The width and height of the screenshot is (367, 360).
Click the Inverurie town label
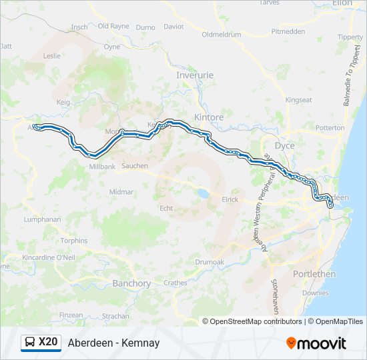[194, 75]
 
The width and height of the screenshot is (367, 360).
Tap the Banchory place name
[131, 283]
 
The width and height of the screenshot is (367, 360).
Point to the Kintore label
[209, 117]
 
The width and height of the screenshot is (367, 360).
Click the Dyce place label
[284, 145]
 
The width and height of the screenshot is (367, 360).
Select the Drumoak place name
[210, 262]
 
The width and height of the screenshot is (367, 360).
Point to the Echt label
[166, 208]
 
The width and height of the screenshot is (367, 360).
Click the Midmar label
[121, 192]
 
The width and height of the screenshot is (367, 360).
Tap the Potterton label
[330, 127]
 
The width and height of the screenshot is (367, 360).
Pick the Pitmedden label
[289, 31]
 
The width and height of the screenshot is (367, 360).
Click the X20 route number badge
[48, 343]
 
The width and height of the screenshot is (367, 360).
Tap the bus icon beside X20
[30, 343]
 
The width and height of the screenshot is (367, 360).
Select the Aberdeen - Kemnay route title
[113, 343]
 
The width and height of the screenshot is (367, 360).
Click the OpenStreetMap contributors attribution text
[256, 321]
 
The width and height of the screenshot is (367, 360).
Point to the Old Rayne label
[113, 26]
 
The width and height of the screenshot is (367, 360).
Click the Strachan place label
[115, 315]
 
